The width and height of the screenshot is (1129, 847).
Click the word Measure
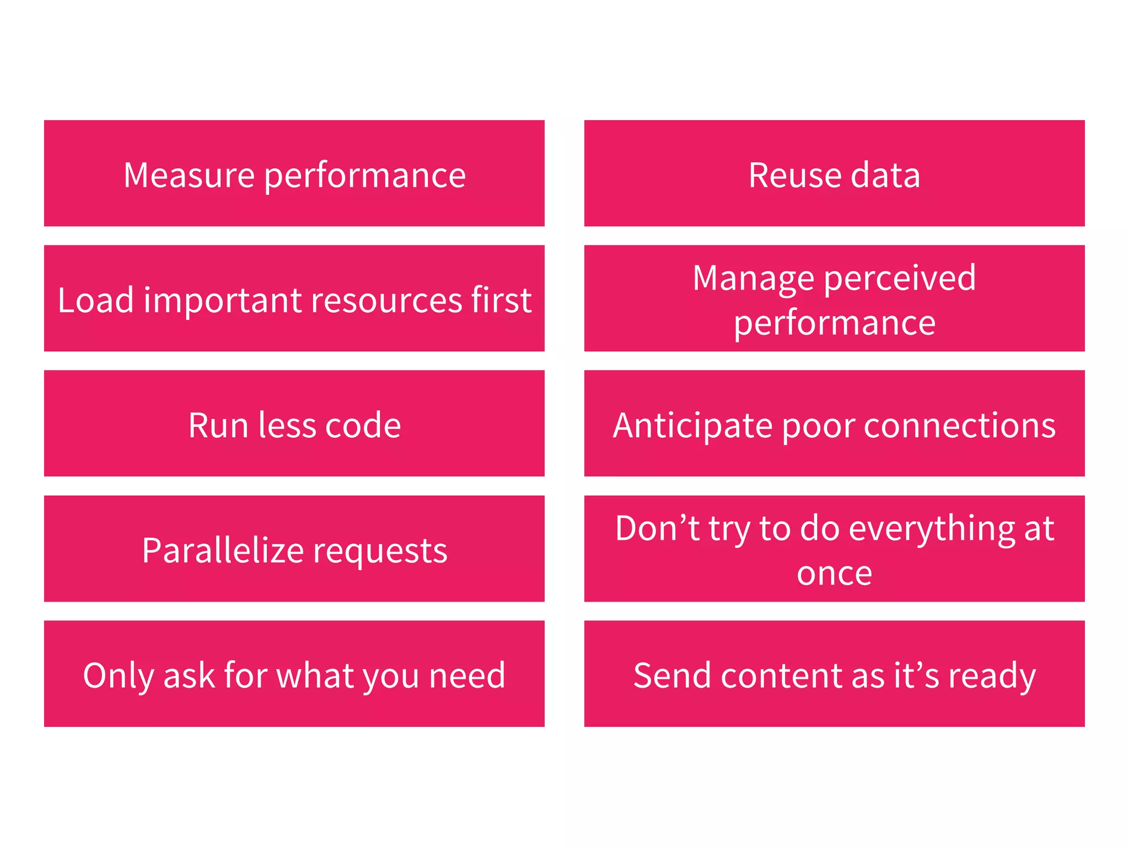click(x=189, y=175)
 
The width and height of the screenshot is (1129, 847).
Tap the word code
click(x=363, y=426)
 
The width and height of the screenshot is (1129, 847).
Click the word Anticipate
click(x=692, y=426)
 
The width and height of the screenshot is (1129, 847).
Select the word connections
click(x=959, y=426)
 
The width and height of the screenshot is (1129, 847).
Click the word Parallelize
click(x=223, y=550)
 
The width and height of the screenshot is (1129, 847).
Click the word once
click(x=834, y=573)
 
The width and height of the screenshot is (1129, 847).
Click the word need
click(x=467, y=676)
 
